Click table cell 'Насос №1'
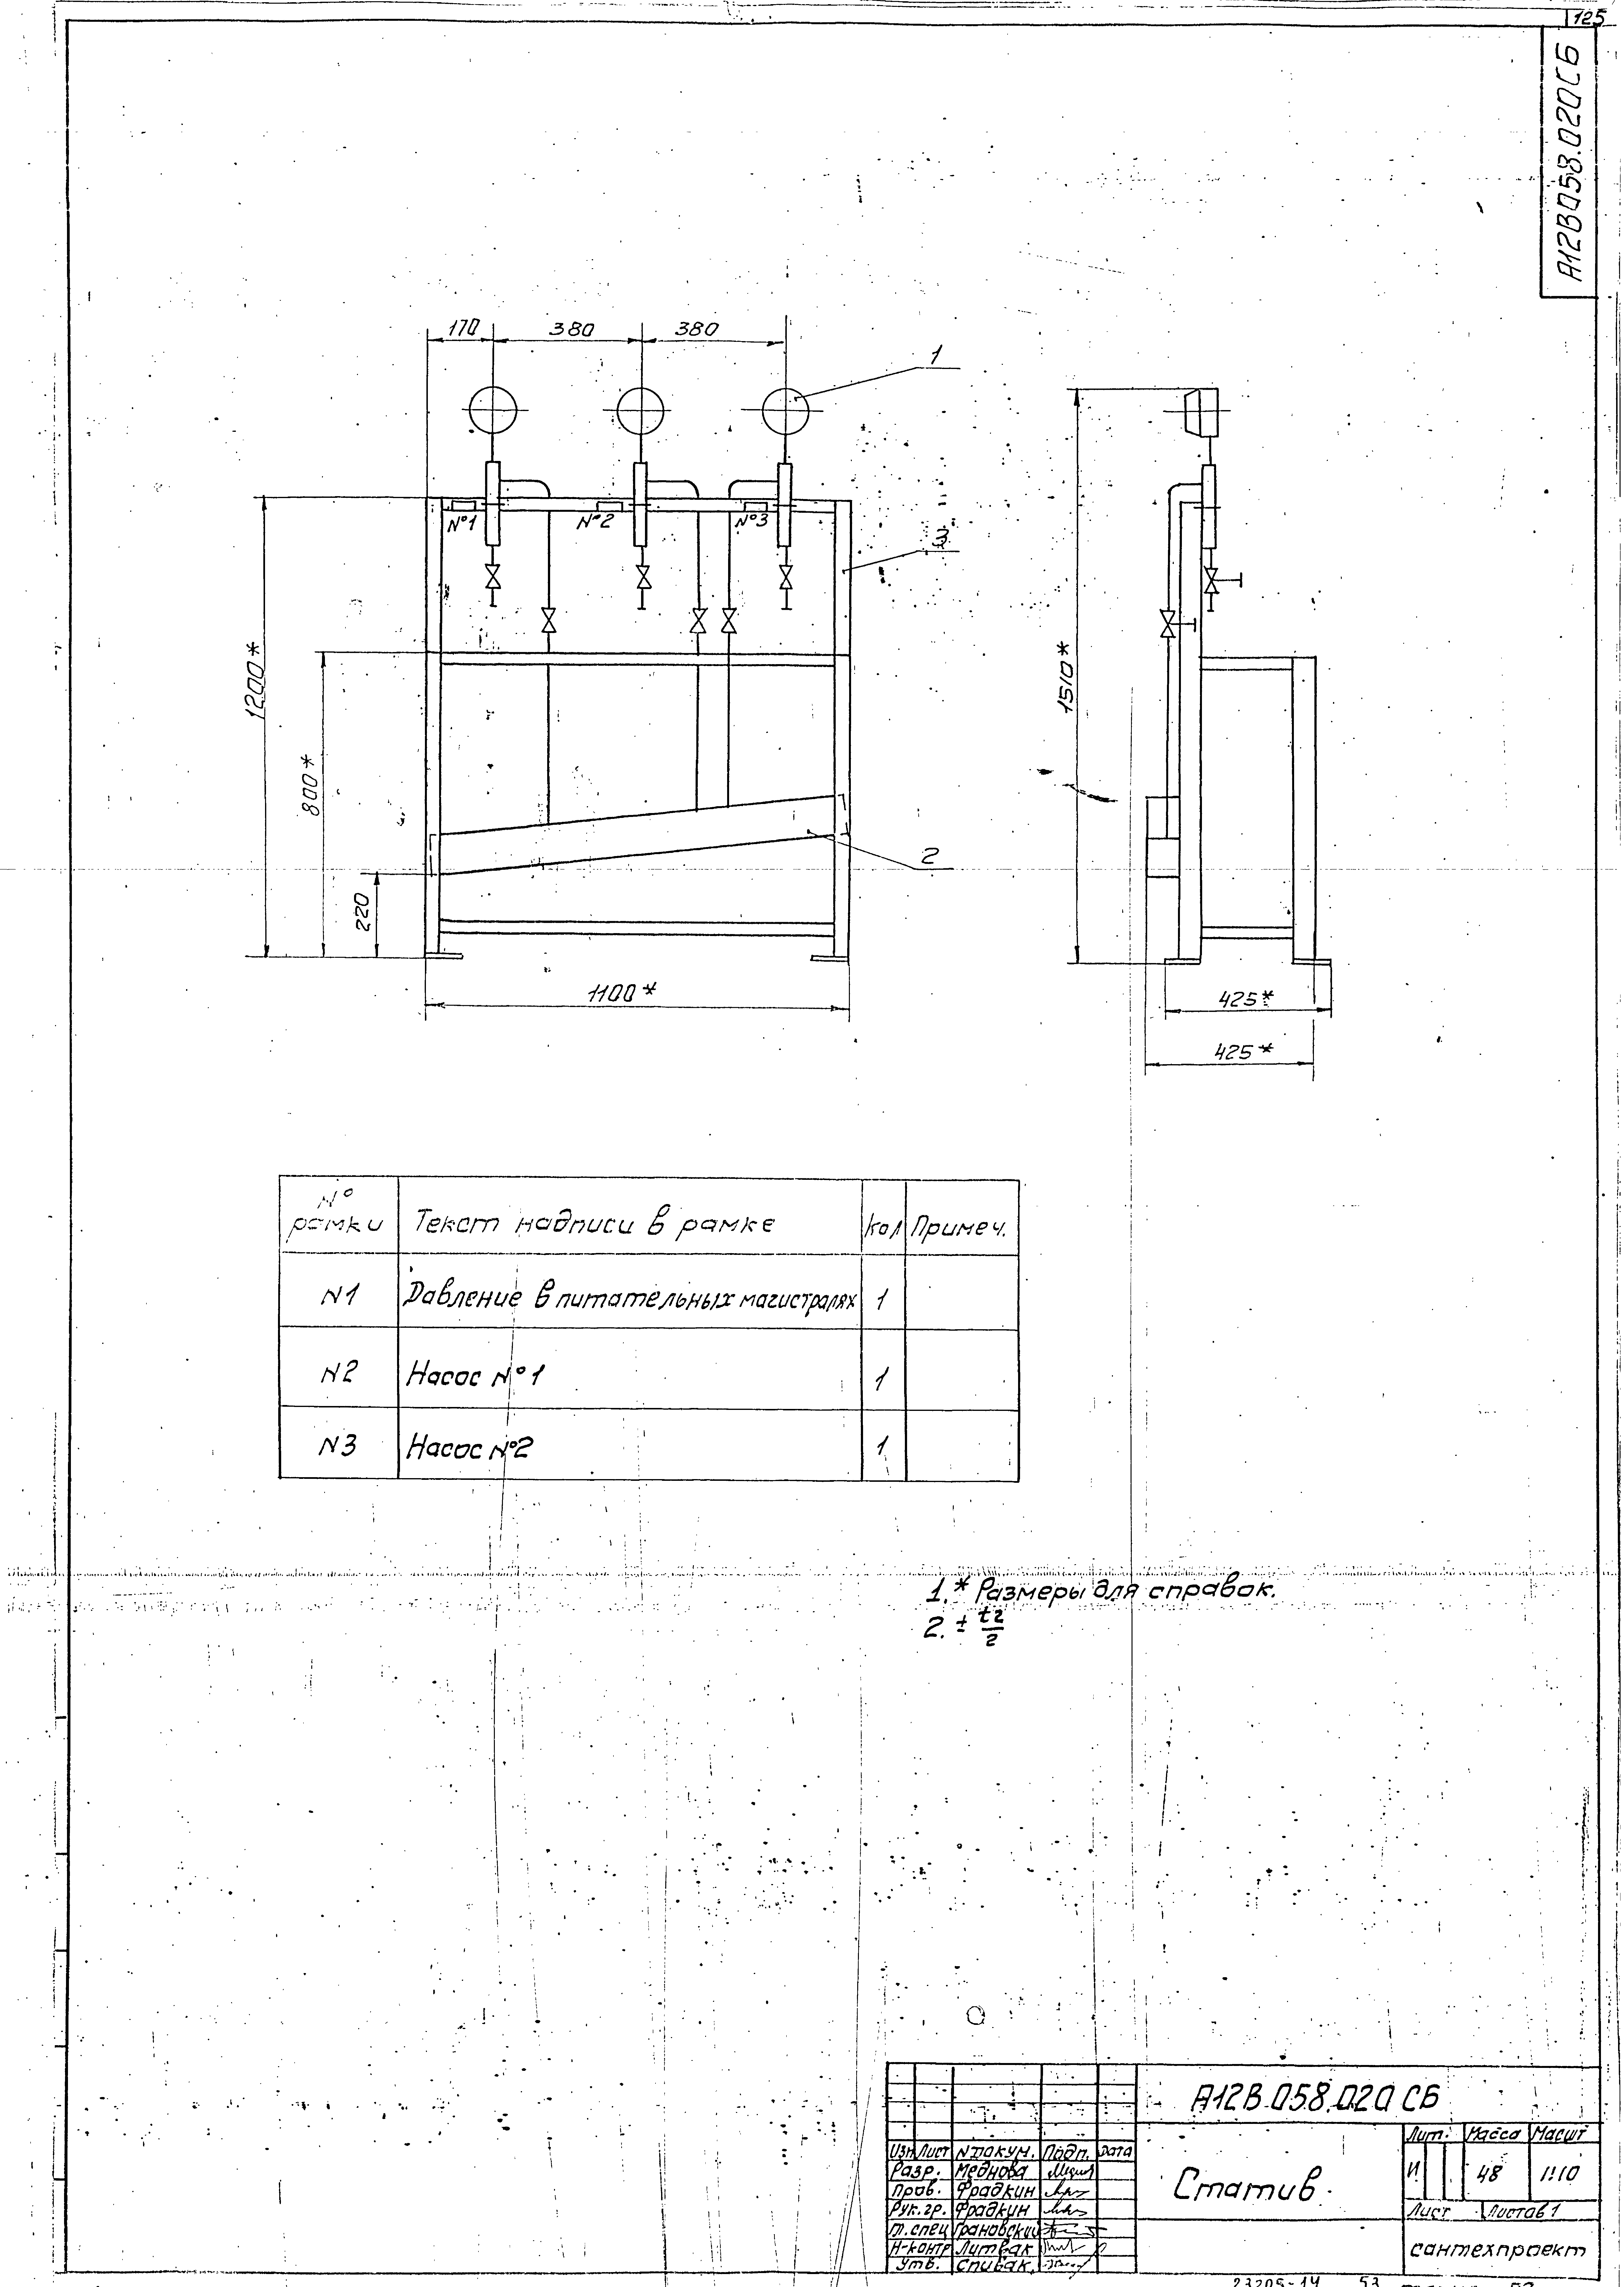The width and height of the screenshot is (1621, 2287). point(475,1377)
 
